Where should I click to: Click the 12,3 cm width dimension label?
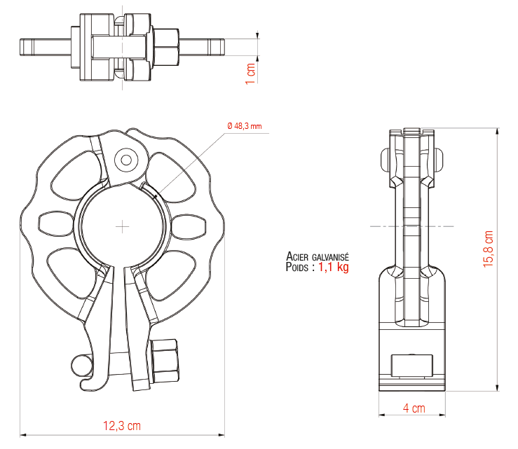[122, 424]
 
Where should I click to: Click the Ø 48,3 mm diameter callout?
[245, 126]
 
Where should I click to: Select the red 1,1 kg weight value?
[334, 267]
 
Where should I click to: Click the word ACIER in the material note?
[300, 257]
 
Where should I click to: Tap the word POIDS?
[298, 267]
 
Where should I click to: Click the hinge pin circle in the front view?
[127, 160]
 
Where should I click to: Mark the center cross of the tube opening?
[123, 226]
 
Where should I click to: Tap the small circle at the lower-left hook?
[80, 364]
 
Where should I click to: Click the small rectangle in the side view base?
[411, 366]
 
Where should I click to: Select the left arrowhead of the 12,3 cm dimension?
[23, 434]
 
